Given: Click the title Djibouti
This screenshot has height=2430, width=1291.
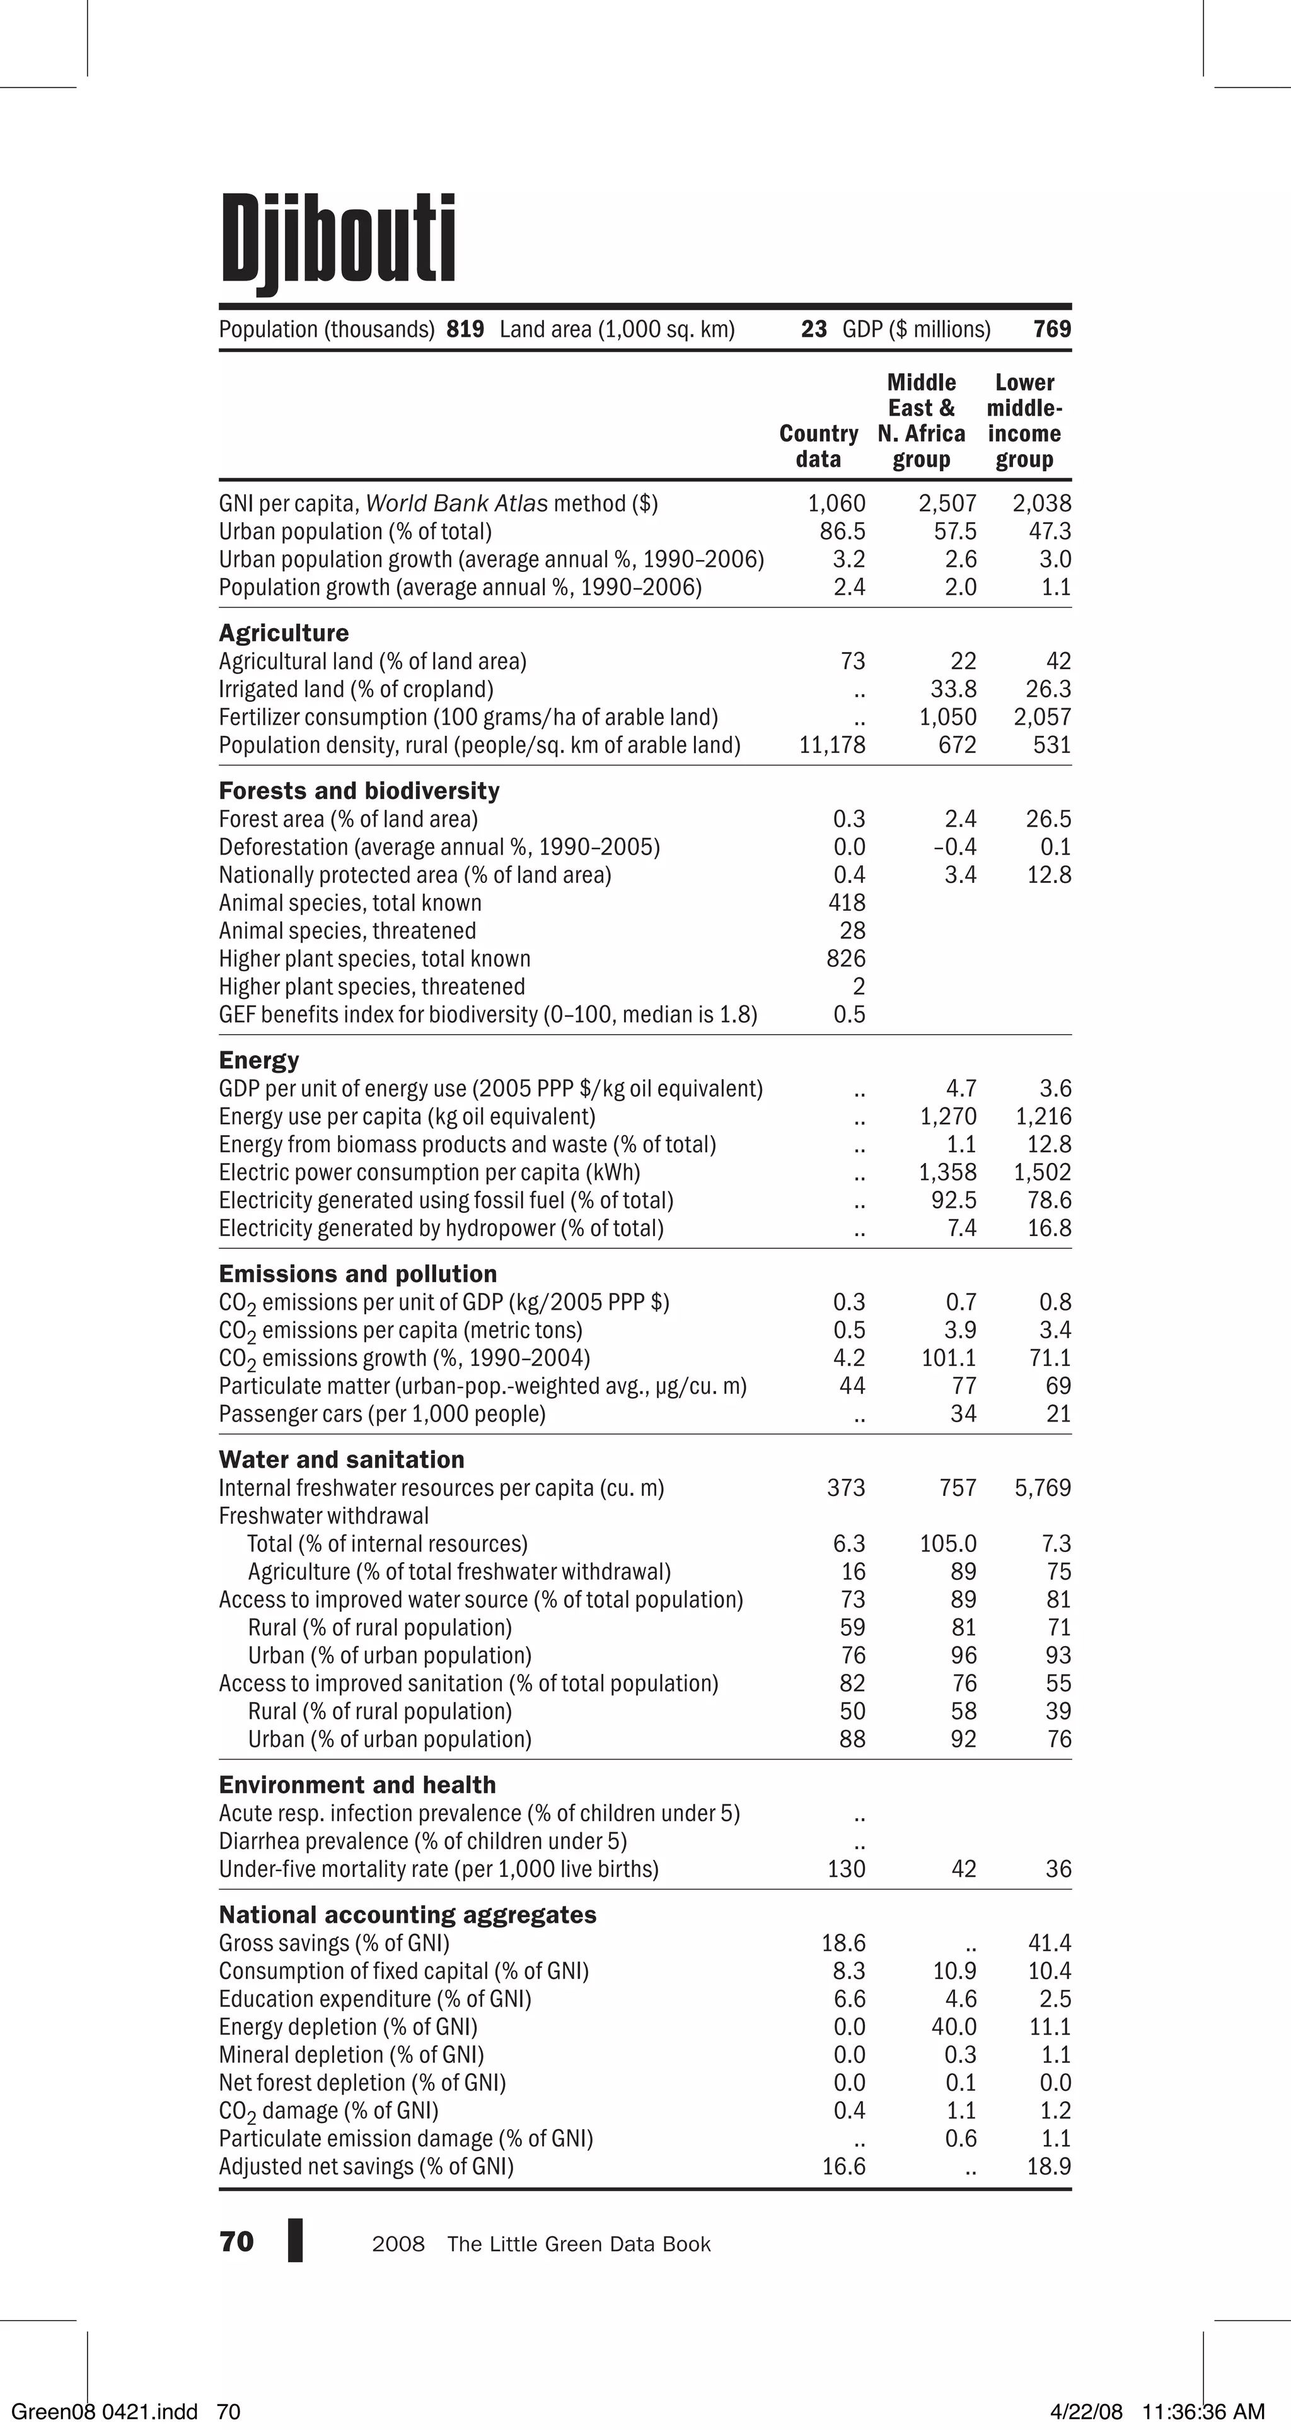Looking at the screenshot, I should click(x=338, y=240).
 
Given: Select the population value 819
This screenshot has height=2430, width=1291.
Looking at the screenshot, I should click(x=465, y=329).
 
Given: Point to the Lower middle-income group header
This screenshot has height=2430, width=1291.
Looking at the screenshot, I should click(x=1024, y=421).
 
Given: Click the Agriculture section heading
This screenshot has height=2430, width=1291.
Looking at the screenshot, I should click(x=284, y=633).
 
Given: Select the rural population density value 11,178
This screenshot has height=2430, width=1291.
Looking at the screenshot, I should click(x=831, y=745).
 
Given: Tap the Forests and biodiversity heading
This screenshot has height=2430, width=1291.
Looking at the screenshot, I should click(x=359, y=790).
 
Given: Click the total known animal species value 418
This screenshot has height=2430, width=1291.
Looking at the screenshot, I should click(x=846, y=902).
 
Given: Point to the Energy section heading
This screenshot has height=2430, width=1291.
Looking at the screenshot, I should click(x=259, y=1060).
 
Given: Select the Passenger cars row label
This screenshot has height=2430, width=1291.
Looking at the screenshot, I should click(x=382, y=1414).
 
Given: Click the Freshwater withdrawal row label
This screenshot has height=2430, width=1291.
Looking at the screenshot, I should click(x=323, y=1516).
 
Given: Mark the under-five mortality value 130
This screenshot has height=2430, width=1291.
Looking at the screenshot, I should click(x=846, y=1869).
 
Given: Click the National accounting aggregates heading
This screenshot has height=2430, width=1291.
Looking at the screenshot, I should click(x=407, y=1915).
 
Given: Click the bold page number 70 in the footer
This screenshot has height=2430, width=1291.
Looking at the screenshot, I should click(x=236, y=2242).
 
